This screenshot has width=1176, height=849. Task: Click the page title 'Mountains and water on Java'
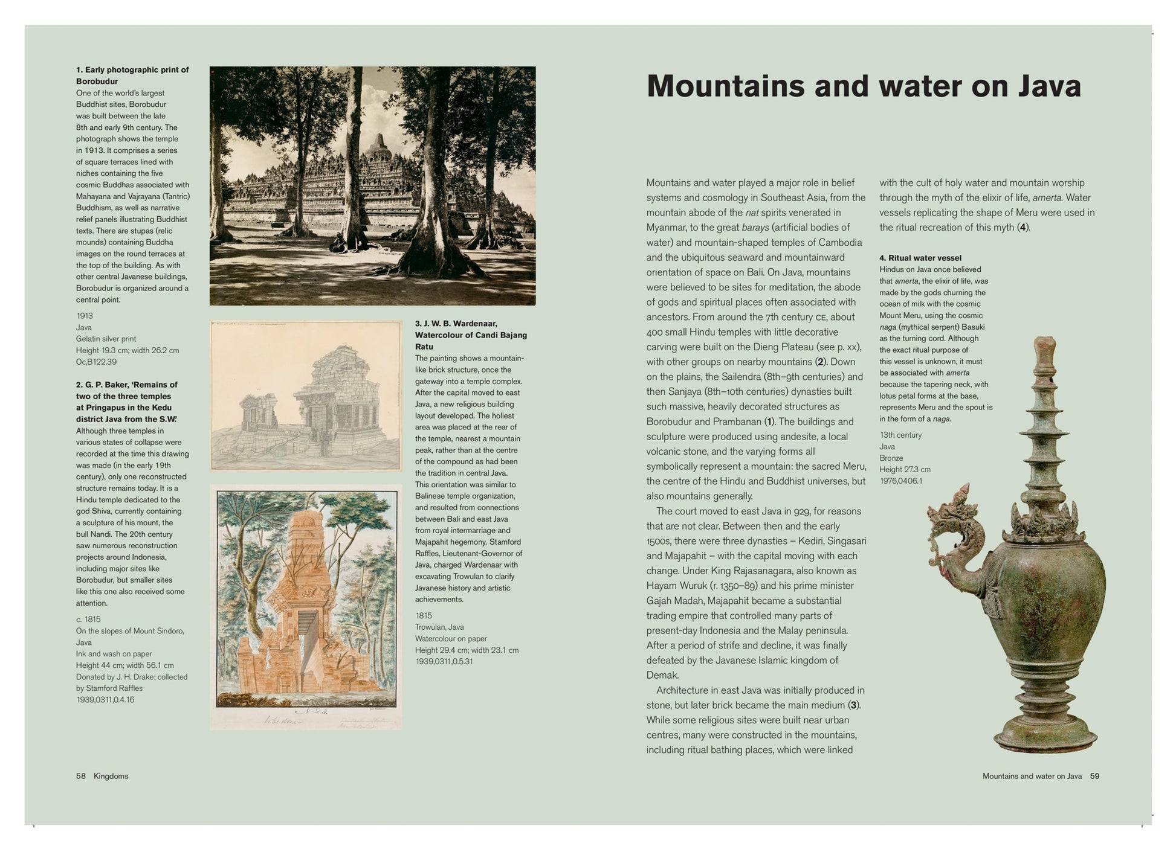(x=864, y=86)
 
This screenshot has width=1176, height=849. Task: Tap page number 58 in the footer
(x=81, y=776)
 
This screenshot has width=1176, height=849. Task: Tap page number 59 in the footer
(x=1094, y=776)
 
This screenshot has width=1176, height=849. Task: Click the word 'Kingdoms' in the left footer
(x=111, y=776)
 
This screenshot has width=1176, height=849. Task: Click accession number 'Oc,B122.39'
(x=96, y=362)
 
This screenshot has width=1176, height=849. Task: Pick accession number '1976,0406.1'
(x=901, y=481)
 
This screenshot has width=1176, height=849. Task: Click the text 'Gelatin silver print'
(x=106, y=339)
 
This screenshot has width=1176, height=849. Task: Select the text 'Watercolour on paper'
(x=451, y=638)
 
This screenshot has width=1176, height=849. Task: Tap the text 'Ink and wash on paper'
(x=114, y=653)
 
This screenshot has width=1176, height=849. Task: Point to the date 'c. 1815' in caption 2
(x=88, y=619)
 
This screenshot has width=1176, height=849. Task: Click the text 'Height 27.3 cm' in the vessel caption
(x=905, y=469)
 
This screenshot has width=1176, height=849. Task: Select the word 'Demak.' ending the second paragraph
(x=662, y=675)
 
